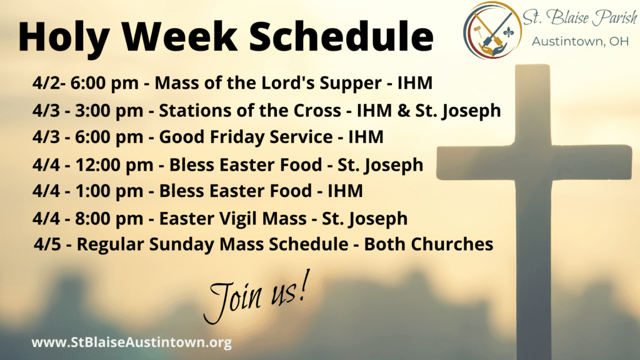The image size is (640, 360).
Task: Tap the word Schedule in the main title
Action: [x=341, y=36]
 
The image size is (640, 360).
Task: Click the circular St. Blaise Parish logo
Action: [x=492, y=31]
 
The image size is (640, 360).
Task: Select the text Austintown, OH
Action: [x=580, y=42]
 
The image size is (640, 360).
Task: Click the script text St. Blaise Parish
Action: [x=579, y=17]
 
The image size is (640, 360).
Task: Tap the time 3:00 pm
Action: [x=109, y=111]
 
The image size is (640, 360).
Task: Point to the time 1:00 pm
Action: [x=109, y=191]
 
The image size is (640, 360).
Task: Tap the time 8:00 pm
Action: [x=109, y=219]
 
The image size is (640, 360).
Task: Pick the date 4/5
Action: [x=47, y=244]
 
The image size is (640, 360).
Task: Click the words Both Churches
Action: [x=429, y=244]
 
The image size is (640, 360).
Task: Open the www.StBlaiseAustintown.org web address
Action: [x=131, y=342]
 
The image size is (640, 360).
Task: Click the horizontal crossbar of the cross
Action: [x=534, y=162]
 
